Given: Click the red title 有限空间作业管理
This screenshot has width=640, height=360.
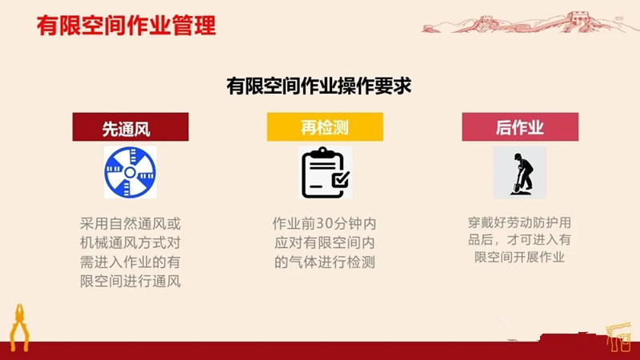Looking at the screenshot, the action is pos(126,26).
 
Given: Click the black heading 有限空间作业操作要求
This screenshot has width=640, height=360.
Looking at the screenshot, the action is pos(318,86).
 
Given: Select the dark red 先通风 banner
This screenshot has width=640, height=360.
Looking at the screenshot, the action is pos(130,127).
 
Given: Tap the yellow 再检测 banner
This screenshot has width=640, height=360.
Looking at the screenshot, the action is pos(325,127).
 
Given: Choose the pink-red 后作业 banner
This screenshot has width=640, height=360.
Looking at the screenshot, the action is pos(520,127).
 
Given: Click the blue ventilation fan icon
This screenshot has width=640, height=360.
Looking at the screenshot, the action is pos(130,173).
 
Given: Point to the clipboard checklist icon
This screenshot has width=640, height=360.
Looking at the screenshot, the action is pos(325,173).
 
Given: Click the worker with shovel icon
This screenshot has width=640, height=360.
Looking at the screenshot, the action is pos(521,174).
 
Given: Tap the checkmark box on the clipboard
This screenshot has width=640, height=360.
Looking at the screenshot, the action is pos(341,179).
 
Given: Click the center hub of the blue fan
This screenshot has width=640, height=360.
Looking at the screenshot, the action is pos(130,173).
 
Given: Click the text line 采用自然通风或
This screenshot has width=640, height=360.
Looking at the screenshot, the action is pos(130,224).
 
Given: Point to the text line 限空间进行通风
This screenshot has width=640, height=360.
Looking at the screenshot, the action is pos(130,282).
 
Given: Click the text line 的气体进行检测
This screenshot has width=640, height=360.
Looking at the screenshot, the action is pos(325,262).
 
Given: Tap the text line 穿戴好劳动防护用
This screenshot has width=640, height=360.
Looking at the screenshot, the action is pos(519,223).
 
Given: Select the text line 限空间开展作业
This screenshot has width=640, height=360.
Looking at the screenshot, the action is pos(519,257).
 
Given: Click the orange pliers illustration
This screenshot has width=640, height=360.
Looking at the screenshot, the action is pos(19,327).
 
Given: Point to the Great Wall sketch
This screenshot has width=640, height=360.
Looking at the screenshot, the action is pos(526,22).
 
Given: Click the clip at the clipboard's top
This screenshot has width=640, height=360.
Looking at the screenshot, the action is pos(323,153).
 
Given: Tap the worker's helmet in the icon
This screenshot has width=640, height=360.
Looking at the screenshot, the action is pos(518,156).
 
